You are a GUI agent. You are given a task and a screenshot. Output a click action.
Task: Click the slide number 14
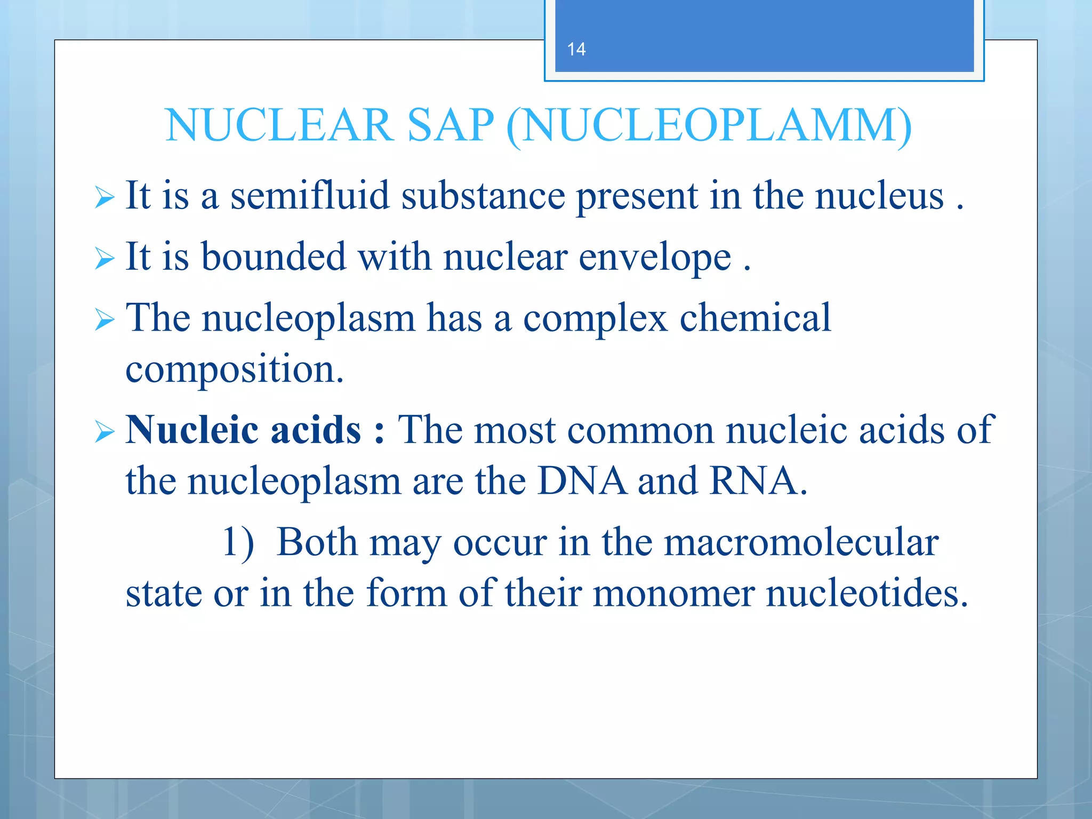pos(576,50)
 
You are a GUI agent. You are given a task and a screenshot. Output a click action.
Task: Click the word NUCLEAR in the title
pos(278,125)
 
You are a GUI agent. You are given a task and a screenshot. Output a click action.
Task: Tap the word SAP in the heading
pos(451,125)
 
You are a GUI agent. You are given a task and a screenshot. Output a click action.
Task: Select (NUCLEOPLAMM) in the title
pos(709,126)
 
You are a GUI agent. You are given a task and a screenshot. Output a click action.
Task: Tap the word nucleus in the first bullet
pos(880,196)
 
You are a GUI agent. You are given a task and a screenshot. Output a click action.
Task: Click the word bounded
pos(274,257)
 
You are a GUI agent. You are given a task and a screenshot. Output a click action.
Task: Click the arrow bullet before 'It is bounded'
pos(105,259)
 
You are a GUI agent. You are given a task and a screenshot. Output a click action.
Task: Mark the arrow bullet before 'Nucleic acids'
pos(105,431)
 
